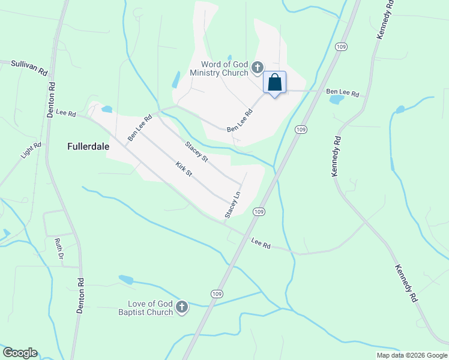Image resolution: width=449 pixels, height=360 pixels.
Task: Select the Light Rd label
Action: click(30, 150)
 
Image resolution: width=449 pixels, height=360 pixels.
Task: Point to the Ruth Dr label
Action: click(59, 248)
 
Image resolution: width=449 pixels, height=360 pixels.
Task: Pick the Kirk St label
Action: click(184, 169)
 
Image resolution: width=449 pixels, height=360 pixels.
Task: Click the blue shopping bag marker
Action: click(275, 83)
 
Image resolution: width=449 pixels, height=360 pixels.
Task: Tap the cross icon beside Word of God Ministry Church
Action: click(258, 67)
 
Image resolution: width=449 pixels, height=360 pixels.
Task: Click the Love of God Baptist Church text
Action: click(150, 308)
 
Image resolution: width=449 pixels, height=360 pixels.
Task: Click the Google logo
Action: click(20, 353)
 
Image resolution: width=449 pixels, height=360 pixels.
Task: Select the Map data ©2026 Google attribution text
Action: click(411, 355)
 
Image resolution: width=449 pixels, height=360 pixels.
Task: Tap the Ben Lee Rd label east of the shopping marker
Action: click(342, 93)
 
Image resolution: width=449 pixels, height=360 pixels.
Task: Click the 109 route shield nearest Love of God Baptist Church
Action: click(217, 293)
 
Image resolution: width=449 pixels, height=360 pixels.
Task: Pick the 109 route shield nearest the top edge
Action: click(341, 47)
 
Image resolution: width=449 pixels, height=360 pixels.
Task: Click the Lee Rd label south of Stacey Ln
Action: click(261, 244)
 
